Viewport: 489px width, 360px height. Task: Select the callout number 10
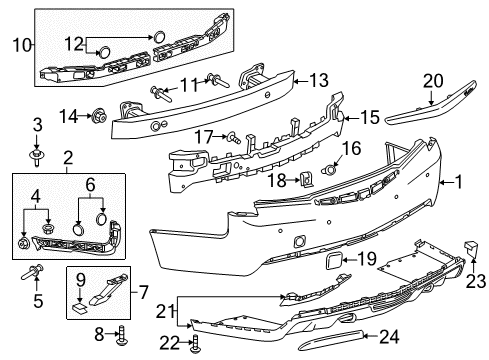(x=20, y=43)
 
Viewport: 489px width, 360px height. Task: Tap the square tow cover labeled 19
(x=326, y=265)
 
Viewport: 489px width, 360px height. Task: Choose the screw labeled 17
(x=231, y=137)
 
